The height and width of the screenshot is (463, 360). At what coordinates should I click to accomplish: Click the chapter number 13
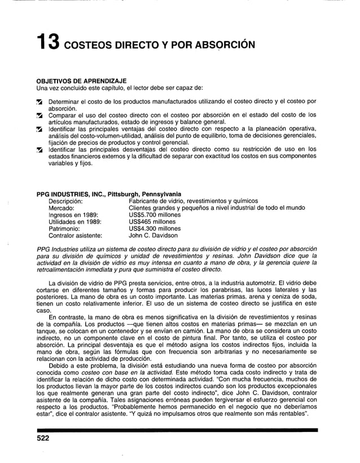point(50,42)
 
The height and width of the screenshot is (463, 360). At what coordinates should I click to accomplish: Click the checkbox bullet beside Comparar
point(39,115)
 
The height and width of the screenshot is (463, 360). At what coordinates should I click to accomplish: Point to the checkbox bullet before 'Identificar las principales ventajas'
point(39,130)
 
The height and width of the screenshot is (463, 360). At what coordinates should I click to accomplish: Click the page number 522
point(45,439)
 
